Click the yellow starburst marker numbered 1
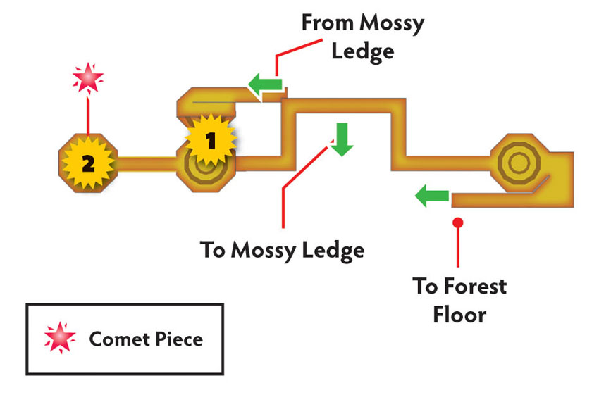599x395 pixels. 211,140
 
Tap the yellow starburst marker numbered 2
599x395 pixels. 88,163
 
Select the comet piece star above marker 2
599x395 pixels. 88,78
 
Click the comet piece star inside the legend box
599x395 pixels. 60,337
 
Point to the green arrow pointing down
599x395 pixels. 342,139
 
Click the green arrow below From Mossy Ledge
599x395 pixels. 265,84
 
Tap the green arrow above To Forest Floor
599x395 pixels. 432,196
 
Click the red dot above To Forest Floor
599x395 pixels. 457,222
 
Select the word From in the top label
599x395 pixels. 327,23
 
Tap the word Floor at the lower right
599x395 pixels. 459,315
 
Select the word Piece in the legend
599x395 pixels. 179,339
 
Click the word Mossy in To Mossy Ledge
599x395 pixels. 264,251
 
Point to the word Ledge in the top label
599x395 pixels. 362,52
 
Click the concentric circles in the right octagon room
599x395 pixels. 519,163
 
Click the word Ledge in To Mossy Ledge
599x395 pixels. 333,251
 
